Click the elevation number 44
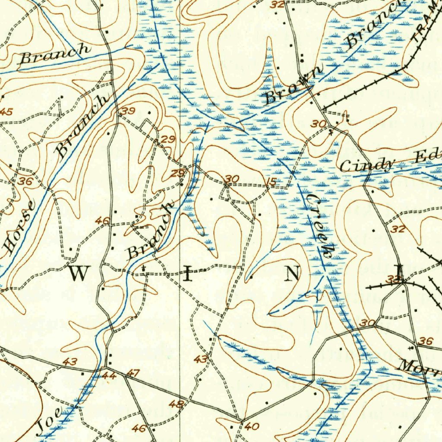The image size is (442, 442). click(x=109, y=376)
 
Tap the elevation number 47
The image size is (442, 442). click(x=134, y=373)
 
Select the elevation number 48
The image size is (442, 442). click(x=176, y=404)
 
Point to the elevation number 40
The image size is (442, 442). click(x=252, y=426)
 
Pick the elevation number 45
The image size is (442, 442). click(x=6, y=112)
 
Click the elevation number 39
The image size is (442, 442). click(x=128, y=111)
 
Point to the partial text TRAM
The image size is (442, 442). click(x=427, y=26)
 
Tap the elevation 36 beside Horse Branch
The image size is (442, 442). click(x=25, y=182)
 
